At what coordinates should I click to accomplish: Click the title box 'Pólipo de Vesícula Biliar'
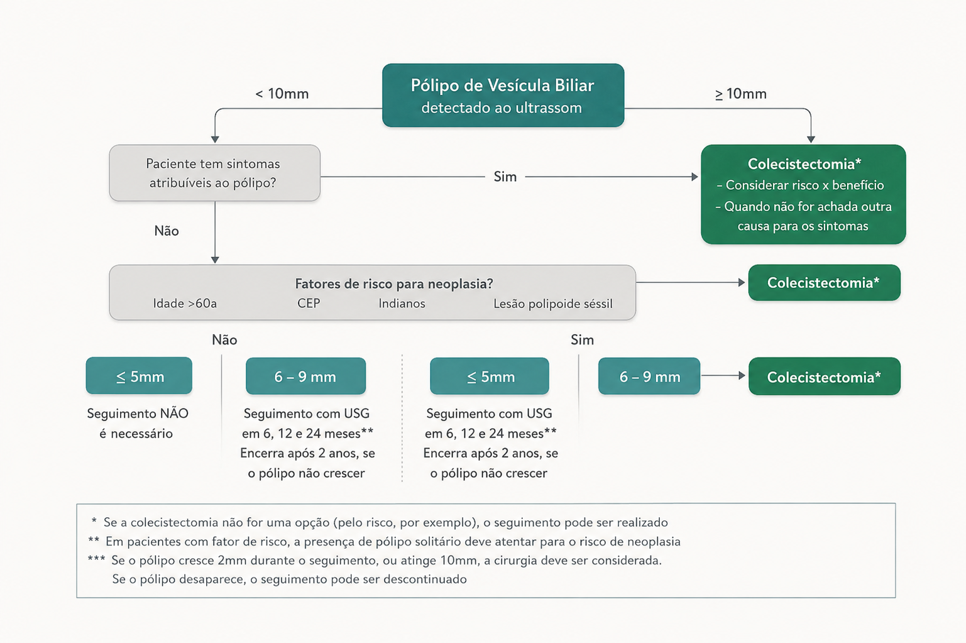(503, 96)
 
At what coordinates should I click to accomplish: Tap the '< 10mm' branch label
(282, 94)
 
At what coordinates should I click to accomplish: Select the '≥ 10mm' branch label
(740, 94)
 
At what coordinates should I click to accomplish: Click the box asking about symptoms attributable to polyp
(215, 173)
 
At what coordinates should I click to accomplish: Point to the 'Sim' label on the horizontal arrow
(505, 177)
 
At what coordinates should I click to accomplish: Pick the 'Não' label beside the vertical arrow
(167, 231)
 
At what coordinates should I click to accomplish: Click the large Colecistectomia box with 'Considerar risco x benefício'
(803, 194)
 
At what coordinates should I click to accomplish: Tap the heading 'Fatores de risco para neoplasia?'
(393, 283)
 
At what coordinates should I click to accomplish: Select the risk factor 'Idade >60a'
(185, 304)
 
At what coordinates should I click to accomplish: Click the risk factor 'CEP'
(309, 303)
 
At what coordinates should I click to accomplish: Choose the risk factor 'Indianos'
(402, 304)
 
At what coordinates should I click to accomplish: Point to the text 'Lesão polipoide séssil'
(553, 304)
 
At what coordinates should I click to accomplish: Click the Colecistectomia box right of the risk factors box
(824, 282)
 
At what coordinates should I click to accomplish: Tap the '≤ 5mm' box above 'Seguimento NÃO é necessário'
(139, 376)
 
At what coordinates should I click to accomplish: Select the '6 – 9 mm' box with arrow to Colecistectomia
(649, 376)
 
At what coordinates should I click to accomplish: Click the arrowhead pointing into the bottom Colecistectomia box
(742, 376)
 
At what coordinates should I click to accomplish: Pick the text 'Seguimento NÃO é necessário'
(138, 423)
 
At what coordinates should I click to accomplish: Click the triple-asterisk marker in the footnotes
(96, 559)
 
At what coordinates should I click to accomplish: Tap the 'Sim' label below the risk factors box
(582, 340)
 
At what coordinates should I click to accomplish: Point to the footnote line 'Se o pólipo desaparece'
(289, 579)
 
